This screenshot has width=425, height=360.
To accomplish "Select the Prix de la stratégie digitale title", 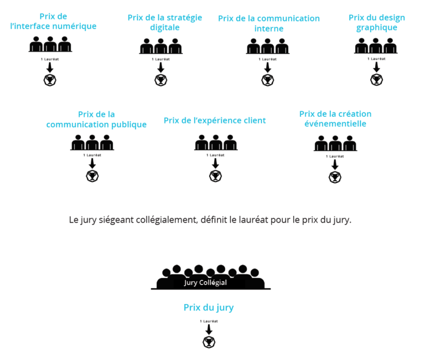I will coord(165,22).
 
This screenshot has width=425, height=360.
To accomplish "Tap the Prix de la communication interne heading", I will coord(269,23).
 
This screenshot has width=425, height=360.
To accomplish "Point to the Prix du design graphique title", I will coord(376,22).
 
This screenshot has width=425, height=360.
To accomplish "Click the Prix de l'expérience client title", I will coord(215,120).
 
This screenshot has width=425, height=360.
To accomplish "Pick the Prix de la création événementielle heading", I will coord(335,119).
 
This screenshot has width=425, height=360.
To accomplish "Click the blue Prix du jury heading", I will coord(209,307).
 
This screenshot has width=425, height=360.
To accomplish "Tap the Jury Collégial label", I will coord(205,282).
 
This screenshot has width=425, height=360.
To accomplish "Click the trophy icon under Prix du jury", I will coord(209,342).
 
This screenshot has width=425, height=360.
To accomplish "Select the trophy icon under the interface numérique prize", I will coord(50,80).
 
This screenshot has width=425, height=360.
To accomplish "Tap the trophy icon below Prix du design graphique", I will coord(376,80).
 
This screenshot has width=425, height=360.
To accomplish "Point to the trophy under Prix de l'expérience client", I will coord(215,176).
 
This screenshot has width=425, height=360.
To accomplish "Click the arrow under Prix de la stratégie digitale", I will coord(161,67).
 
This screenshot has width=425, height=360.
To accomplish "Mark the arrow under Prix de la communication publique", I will coord(92,164).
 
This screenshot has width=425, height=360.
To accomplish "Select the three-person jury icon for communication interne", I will coord(267,45).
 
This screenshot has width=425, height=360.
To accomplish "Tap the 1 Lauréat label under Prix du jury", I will coord(209,321).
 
